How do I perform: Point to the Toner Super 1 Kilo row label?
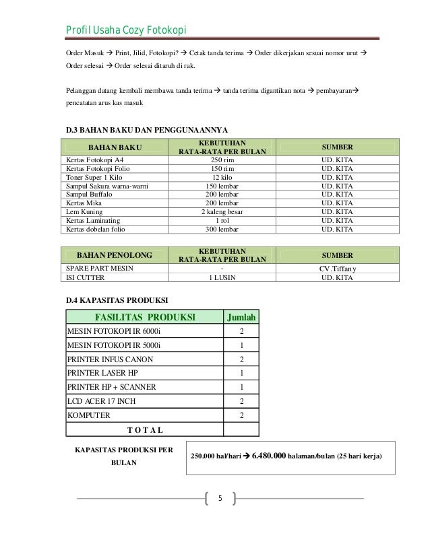coord(93,177)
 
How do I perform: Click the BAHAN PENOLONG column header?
coord(114,255)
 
